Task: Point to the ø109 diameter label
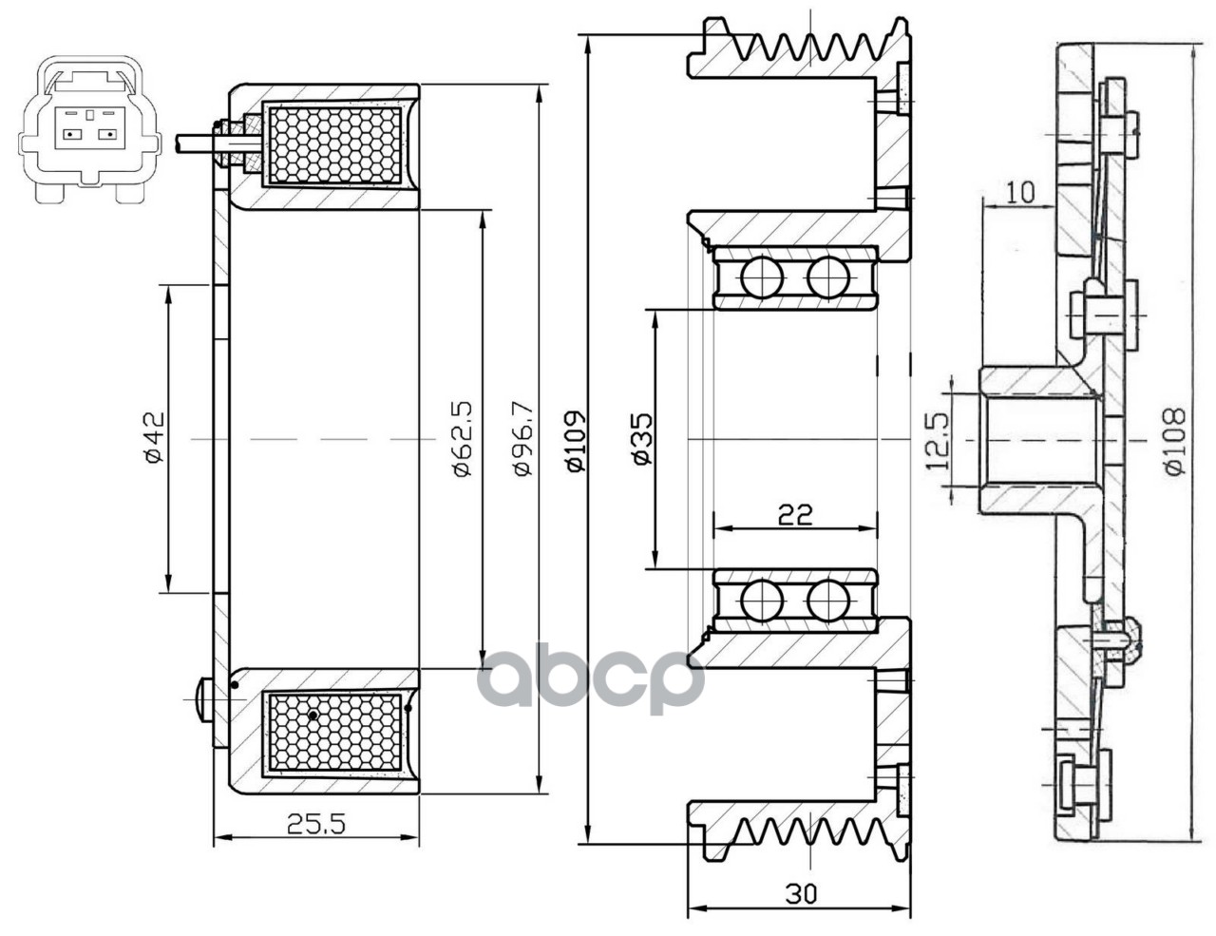[x=573, y=439]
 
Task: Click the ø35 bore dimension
[x=642, y=439]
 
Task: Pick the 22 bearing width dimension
[x=794, y=514]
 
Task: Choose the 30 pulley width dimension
[x=801, y=893]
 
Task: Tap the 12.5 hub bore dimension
[x=938, y=440]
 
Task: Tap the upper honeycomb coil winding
[x=334, y=144]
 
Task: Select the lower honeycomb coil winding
[x=334, y=729]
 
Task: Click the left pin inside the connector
[x=69, y=134]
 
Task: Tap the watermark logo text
[x=591, y=677]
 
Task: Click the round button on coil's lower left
[x=202, y=701]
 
